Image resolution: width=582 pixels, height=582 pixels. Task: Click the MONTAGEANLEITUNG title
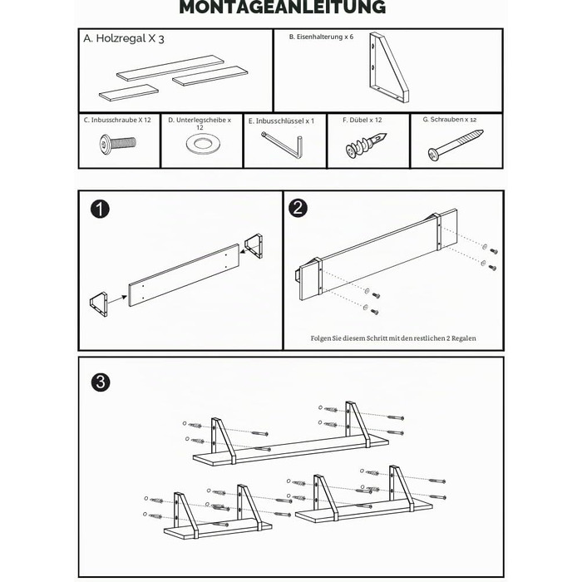coord(283,7)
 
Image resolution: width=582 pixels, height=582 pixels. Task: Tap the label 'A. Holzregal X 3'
coord(124,38)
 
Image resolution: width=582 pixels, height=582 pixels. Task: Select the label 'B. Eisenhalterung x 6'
coord(321,37)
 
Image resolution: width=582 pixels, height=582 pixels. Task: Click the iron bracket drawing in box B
coord(389,67)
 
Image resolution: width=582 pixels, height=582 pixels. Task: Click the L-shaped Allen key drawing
coord(282,145)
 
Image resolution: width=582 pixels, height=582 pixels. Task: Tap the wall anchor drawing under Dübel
coord(366,145)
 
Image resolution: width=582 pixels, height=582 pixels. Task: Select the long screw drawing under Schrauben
coord(456,145)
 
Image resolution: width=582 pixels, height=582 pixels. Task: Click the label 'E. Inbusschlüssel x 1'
coord(281,121)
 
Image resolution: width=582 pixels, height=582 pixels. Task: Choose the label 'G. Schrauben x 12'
coord(450,120)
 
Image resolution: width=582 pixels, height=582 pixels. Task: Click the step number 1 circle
coord(101,209)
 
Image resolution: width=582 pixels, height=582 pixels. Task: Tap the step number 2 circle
coord(298,208)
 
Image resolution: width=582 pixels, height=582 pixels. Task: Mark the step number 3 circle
coord(101,382)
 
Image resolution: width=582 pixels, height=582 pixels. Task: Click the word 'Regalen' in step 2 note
coord(464,338)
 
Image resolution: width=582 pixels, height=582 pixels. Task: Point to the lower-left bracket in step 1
coord(99,304)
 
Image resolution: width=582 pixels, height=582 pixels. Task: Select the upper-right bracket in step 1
coord(254,246)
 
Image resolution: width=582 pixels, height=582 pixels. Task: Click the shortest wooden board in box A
coord(129,92)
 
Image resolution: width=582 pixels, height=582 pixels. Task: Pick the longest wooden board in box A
coord(170,68)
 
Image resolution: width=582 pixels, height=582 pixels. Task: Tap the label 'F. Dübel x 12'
coord(362,121)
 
